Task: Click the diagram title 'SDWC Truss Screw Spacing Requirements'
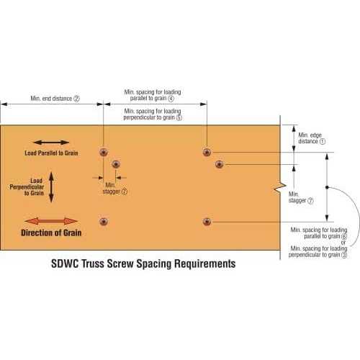tap(143, 264)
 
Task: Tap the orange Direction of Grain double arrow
tap(51, 221)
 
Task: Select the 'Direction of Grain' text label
tap(51, 233)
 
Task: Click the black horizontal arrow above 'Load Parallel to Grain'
tap(51, 143)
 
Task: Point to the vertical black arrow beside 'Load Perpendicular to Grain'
tap(51, 187)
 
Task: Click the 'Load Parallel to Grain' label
tap(51, 153)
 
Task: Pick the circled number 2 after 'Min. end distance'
tap(76, 99)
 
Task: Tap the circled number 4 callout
tap(171, 99)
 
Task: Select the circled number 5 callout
tap(179, 117)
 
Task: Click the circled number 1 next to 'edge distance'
tap(323, 141)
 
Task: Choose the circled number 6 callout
tap(344, 236)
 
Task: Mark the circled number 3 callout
tap(344, 255)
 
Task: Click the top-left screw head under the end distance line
tap(104, 152)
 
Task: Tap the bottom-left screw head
tap(104, 222)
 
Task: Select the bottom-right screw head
tap(207, 222)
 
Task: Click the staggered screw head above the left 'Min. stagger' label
tap(116, 164)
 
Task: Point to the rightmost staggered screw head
tap(220, 164)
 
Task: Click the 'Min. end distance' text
tap(51, 99)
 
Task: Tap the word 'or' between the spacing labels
tap(343, 243)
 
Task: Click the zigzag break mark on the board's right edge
tap(280, 188)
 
